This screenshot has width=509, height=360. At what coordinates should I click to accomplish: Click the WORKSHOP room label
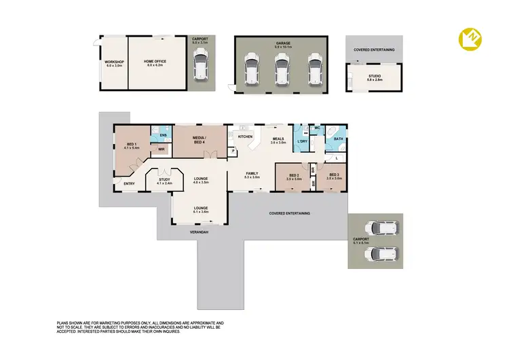click(113, 62)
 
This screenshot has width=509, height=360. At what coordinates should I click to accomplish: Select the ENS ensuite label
click(162, 136)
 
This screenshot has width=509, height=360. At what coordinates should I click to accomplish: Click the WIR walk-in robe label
click(162, 150)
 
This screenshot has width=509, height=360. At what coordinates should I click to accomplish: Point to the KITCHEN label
click(245, 138)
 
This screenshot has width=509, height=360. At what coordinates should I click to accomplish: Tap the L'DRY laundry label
click(302, 141)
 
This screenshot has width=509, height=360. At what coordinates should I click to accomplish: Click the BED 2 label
click(294, 176)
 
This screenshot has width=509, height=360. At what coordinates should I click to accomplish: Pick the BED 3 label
click(334, 176)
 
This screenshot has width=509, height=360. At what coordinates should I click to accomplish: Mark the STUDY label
click(165, 180)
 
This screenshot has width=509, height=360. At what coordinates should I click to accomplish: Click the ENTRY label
click(128, 183)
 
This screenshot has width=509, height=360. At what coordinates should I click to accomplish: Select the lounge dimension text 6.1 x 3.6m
click(200, 212)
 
